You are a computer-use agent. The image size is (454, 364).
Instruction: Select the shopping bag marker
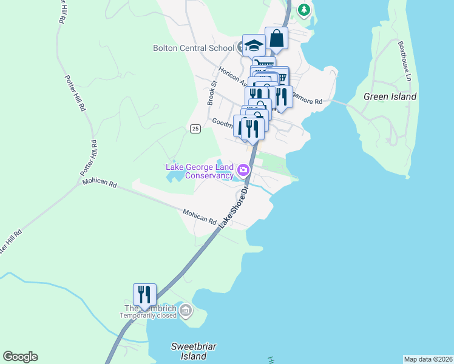coord(276,39)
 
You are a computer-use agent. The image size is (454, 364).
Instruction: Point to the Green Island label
coord(390,96)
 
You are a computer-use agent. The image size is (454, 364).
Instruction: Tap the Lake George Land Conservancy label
coord(200,171)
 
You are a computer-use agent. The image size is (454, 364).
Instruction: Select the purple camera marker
coord(244,169)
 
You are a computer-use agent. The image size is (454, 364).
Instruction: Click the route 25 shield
coord(195,129)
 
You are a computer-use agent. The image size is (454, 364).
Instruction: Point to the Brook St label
coord(212,93)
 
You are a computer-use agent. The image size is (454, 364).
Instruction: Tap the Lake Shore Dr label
coord(234,206)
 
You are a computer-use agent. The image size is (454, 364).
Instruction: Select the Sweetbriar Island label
coord(194,351)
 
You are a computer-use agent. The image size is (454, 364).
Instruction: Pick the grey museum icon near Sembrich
coord(186,312)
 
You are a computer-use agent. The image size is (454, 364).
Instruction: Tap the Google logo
coord(20,357)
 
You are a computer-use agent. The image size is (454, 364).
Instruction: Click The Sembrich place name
coord(149,308)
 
